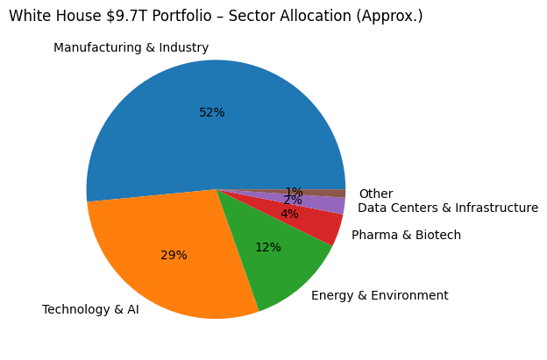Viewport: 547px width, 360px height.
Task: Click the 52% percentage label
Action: point(211,112)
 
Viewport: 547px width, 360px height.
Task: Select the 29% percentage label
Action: point(174,255)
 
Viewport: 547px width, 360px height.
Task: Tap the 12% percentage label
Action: point(267,247)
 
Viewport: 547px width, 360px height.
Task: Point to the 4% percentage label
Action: point(289,214)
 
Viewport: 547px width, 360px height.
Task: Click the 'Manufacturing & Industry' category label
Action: point(131,47)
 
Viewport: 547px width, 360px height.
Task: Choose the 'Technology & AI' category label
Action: point(90,309)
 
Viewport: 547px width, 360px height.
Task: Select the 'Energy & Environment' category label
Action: point(380,295)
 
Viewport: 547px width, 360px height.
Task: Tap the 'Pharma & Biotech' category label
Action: point(406,235)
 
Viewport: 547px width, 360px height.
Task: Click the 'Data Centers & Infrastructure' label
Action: point(448,208)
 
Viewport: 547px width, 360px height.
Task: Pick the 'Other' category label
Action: point(375,194)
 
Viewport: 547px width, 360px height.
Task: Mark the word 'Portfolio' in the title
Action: point(175,16)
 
